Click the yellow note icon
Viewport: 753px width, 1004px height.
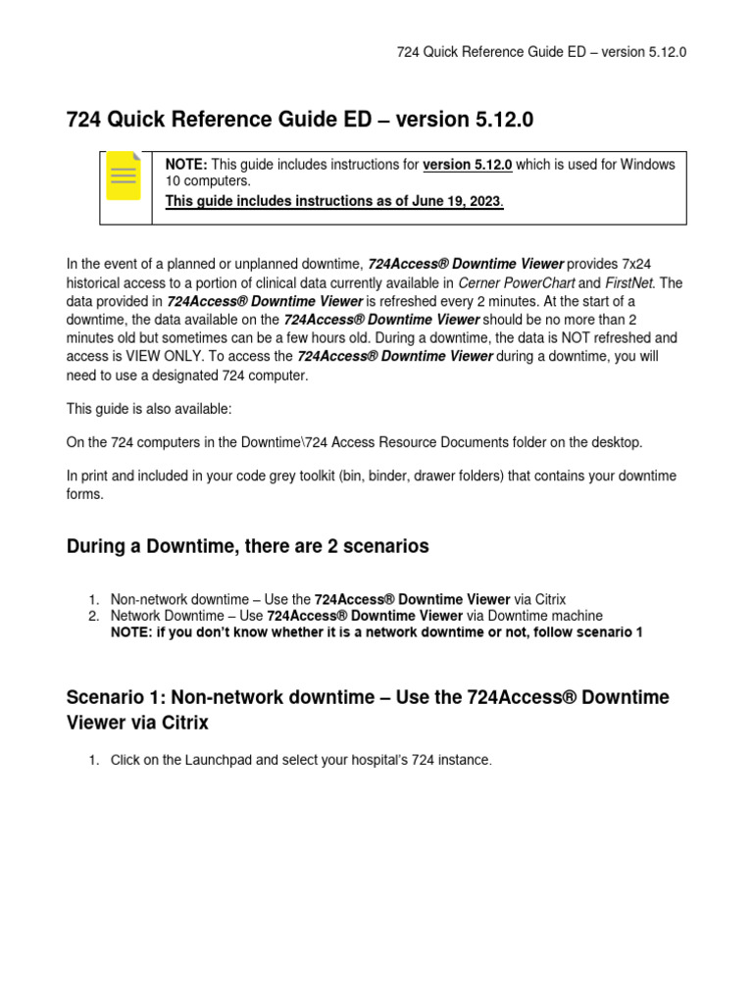pos(123,176)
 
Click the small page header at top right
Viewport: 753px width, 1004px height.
pos(541,52)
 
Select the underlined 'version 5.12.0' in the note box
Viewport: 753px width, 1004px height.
pos(468,165)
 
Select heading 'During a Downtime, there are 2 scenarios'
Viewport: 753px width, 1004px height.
pos(247,546)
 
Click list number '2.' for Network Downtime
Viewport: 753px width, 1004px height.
pos(94,616)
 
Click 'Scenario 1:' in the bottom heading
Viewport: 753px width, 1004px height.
pos(115,697)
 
